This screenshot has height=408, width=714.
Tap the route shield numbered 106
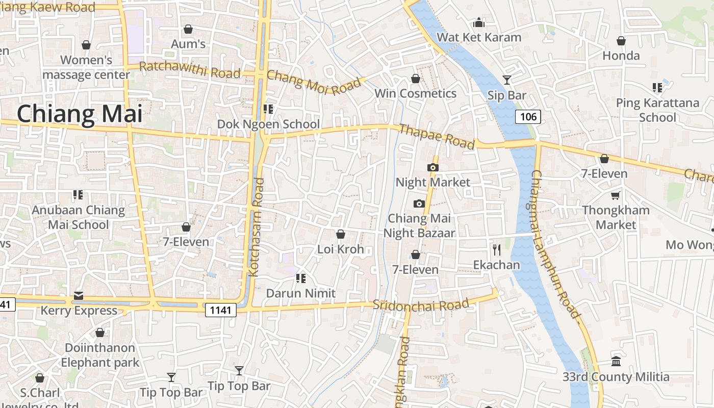coord(528,117)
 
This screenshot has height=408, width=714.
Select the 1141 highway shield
coord(221,310)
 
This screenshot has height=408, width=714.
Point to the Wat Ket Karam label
coord(479,37)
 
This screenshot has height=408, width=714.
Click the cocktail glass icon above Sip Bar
coord(506,80)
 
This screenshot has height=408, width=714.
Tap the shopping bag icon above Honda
coord(621,41)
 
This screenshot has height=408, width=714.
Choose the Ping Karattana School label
coord(657,110)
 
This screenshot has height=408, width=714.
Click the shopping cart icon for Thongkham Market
coord(616,195)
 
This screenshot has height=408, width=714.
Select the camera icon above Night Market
coord(432,167)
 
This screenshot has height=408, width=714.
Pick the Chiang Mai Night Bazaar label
coord(419,225)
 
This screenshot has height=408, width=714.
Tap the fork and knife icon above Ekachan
coord(496,249)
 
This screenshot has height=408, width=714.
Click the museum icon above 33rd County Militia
coord(616,361)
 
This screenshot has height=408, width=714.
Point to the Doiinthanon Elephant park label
coord(100,355)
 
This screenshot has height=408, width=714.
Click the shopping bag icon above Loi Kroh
coord(340,234)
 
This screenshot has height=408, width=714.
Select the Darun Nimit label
coord(301,293)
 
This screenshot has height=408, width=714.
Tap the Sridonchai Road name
coord(421,305)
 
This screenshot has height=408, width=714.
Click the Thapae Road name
coord(436,137)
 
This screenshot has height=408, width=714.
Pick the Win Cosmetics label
coord(415,93)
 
